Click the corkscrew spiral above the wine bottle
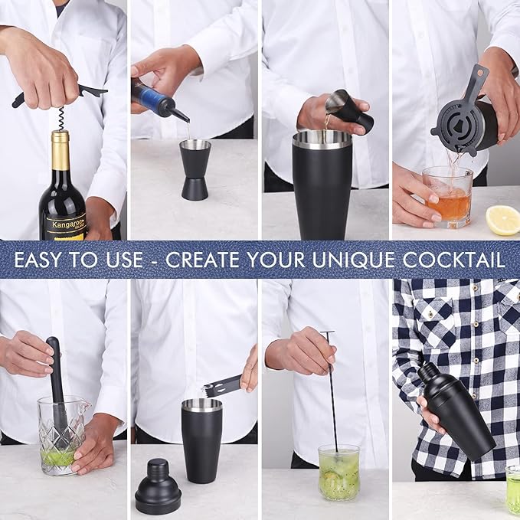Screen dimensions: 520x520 tap(60, 117)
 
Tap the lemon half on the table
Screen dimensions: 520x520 tap(503, 220)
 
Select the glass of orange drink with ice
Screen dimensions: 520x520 tap(448, 197)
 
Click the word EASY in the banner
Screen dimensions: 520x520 tap(47, 260)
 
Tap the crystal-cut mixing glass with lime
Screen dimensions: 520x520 tap(61, 436)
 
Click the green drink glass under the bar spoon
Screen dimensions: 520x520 tap(338, 473)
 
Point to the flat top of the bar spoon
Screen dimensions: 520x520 tap(327, 333)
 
